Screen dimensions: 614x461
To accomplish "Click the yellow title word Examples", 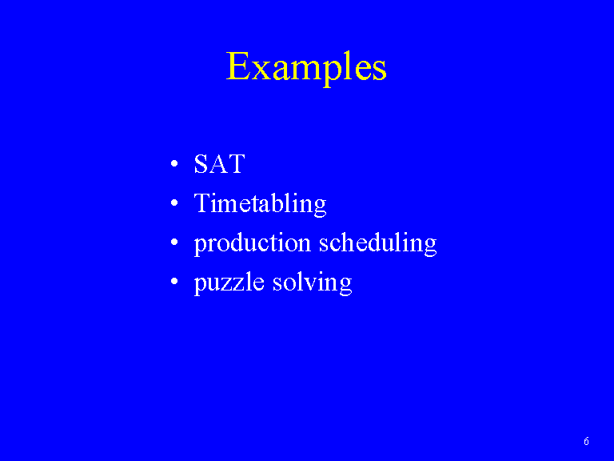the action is [306, 67].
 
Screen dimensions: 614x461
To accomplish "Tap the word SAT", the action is [220, 164].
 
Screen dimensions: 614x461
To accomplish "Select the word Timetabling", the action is [260, 204].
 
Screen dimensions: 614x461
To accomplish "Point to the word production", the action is [253, 243].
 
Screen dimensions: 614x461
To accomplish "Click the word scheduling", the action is [377, 243].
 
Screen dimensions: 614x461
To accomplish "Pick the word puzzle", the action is [229, 283].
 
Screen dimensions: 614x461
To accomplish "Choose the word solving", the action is [312, 283].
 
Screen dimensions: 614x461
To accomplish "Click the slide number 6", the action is [586, 442].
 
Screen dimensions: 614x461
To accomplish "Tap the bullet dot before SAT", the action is [174, 163].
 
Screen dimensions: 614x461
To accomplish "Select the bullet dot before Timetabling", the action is [174, 202].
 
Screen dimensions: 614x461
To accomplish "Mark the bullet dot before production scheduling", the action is [174, 242].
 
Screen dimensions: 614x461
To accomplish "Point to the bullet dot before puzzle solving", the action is [174, 281].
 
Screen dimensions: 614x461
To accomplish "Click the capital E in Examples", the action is [238, 66].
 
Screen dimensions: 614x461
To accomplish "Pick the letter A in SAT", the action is [219, 164].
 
